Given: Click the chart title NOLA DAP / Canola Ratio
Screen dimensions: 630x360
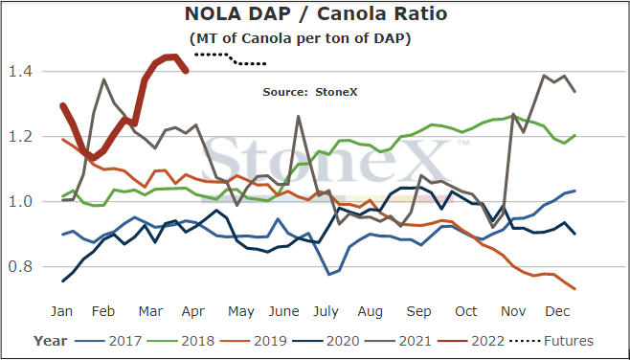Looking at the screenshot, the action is click(x=316, y=14).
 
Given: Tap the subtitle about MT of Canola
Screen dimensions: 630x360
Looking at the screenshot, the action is click(x=300, y=39).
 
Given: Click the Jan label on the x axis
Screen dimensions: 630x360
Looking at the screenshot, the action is click(x=62, y=311).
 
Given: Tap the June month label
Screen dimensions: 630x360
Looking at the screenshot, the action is click(x=284, y=311).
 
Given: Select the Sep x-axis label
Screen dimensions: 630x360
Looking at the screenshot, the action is click(x=418, y=312).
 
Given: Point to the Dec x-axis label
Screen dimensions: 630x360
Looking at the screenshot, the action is click(x=558, y=311).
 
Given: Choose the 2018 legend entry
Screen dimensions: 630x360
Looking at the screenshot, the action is click(x=181, y=341).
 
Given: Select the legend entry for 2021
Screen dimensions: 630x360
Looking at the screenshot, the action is click(x=398, y=341).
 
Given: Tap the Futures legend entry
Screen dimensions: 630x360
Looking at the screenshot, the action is click(x=551, y=341).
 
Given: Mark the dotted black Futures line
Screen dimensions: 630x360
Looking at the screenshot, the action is click(x=230, y=58).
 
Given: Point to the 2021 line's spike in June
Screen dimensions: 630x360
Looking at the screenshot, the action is click(x=298, y=117).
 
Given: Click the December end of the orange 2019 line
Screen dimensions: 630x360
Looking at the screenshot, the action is click(x=575, y=288).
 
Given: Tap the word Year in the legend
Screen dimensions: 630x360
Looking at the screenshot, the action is click(x=51, y=341).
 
